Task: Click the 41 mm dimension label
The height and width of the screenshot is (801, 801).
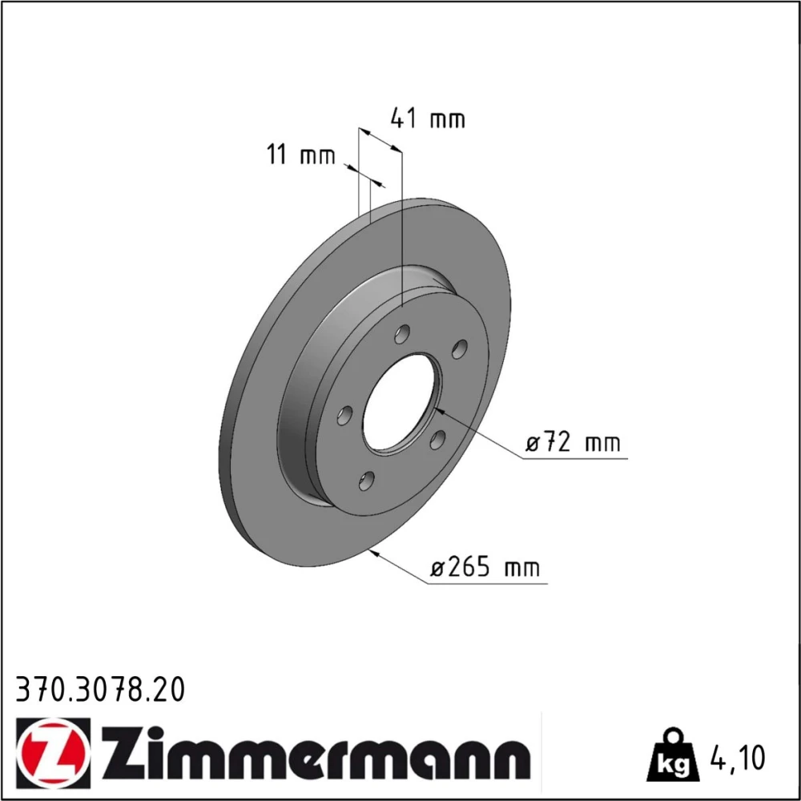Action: [x=428, y=119]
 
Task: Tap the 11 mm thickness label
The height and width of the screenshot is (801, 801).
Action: [x=301, y=155]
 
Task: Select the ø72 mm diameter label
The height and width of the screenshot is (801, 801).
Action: [x=573, y=442]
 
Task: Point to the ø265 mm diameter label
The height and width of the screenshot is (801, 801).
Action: [x=485, y=567]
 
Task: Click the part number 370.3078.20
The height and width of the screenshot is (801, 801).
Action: [x=100, y=690]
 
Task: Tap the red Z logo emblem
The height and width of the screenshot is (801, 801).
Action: [x=53, y=755]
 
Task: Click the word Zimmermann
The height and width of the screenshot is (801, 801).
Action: [x=316, y=754]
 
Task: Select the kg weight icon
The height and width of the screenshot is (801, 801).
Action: [x=672, y=756]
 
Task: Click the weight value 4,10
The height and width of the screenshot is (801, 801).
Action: [x=737, y=758]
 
